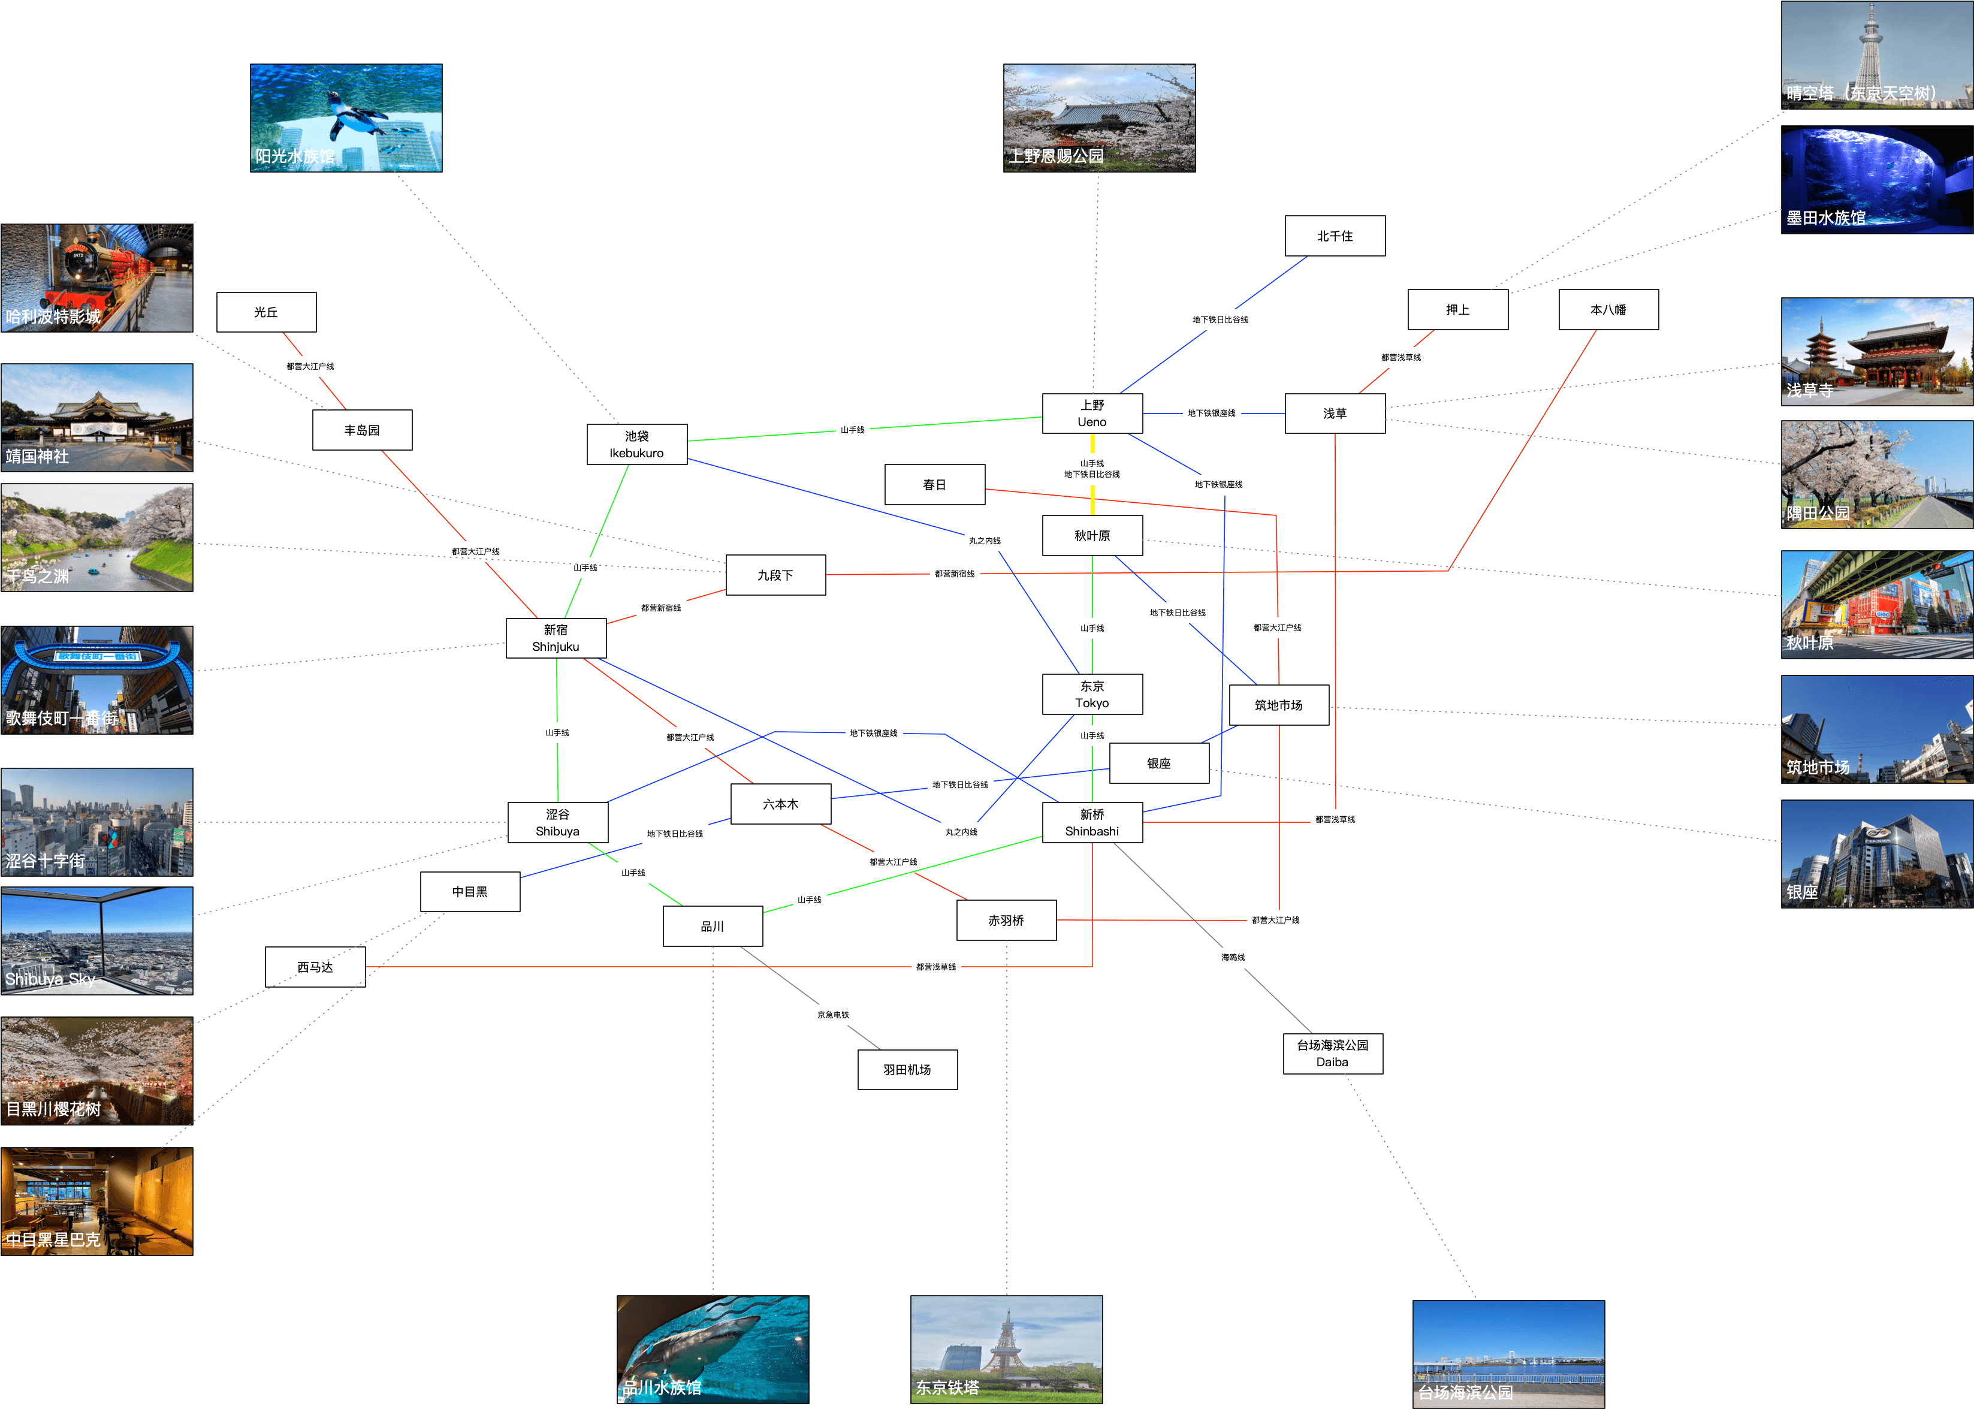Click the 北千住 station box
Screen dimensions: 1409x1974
(1335, 236)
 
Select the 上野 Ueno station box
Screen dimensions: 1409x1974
(1092, 414)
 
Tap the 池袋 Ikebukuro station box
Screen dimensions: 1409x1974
(636, 444)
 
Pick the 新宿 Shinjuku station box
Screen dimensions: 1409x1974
(556, 638)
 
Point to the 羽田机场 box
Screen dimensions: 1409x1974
(907, 1070)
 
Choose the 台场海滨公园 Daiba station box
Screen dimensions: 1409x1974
(1332, 1053)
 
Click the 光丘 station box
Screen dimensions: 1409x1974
(266, 312)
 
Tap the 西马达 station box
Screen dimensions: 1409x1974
(315, 967)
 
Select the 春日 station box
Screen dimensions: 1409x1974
(934, 485)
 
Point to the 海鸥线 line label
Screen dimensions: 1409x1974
(1233, 958)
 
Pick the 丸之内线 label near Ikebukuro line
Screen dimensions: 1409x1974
(985, 541)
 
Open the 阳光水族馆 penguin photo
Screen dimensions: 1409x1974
(346, 118)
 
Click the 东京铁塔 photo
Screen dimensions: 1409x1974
(1006, 1349)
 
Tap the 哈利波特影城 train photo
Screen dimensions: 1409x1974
(97, 277)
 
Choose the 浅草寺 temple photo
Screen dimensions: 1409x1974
(1877, 351)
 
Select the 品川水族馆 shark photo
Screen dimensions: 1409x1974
(712, 1349)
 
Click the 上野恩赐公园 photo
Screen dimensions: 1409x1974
(1099, 118)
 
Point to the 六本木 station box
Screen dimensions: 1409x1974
(781, 804)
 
